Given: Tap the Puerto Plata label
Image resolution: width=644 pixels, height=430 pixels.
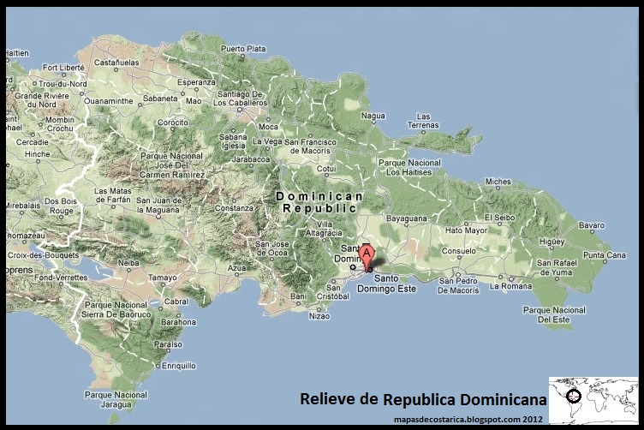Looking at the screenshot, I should click(243, 49).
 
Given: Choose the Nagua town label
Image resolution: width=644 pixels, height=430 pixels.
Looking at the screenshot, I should click(373, 115).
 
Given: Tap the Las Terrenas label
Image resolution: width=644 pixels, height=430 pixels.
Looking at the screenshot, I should click(423, 120).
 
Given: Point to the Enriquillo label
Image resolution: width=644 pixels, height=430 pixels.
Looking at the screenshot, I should click(179, 366).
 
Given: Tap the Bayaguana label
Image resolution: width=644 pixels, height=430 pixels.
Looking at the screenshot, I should click(406, 218).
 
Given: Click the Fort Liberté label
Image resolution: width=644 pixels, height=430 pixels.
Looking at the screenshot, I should click(63, 67).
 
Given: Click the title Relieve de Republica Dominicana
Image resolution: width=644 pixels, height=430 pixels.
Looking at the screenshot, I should click(422, 399).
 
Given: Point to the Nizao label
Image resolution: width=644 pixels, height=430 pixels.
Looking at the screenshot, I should click(319, 316).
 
